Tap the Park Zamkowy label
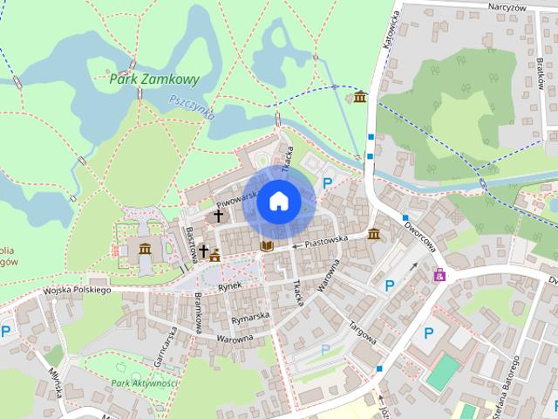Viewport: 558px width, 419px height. point(155,79)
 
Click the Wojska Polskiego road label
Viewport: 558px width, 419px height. point(77,290)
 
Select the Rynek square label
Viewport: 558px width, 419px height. point(228,285)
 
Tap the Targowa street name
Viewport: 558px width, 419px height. point(364,334)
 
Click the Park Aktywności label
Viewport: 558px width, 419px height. point(145,383)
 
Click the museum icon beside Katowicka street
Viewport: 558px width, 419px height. point(360,95)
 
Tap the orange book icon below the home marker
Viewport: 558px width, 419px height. point(268,247)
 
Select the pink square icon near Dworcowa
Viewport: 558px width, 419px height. point(441,275)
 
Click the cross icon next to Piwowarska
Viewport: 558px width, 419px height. point(217,213)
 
